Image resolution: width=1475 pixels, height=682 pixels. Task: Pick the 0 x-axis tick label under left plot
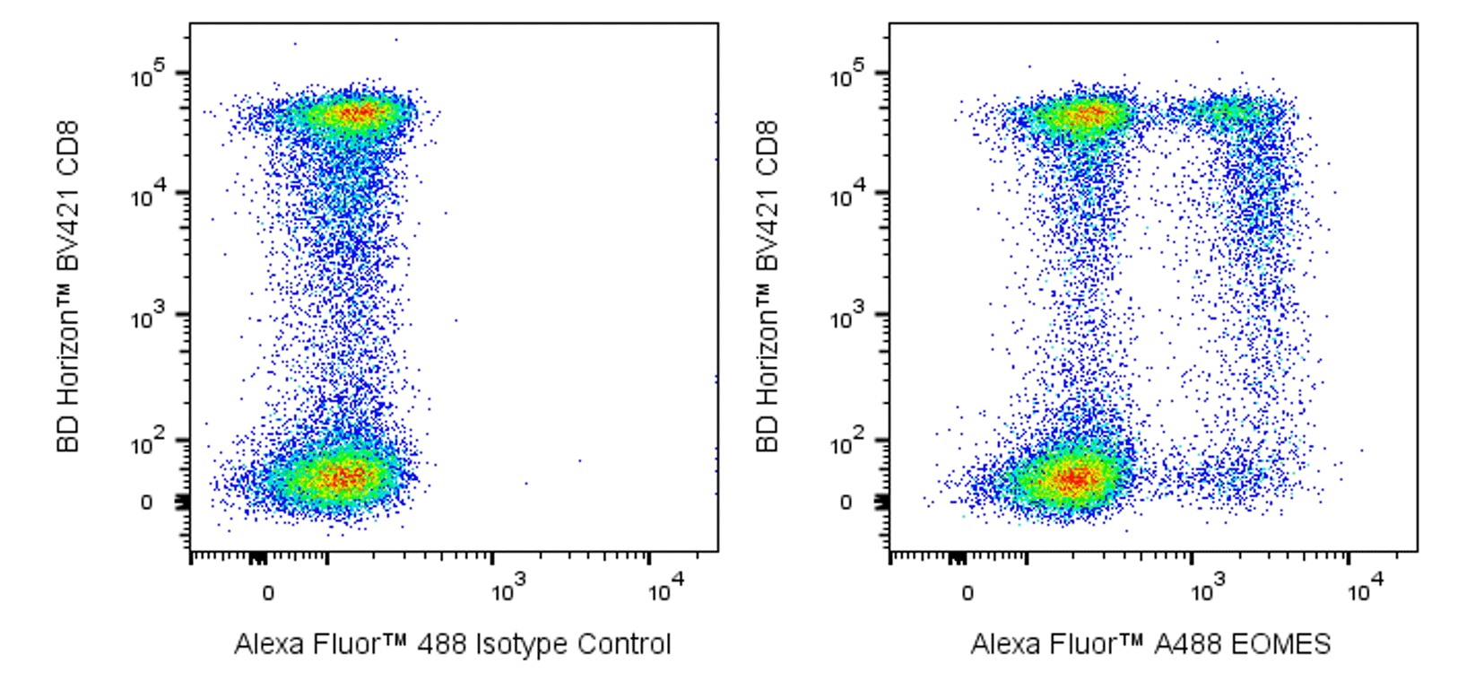point(267,593)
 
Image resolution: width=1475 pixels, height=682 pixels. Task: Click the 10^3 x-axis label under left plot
point(509,590)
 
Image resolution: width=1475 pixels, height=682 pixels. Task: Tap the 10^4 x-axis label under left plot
point(666,590)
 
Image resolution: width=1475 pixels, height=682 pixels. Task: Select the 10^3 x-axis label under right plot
point(1209,590)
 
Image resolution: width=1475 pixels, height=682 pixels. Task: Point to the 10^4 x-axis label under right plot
point(1366,590)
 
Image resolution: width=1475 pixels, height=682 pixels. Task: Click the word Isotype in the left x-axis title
point(522,644)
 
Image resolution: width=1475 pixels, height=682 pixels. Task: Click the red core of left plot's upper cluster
point(359,113)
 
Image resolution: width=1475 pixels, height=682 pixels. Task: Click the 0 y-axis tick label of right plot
point(846,503)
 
